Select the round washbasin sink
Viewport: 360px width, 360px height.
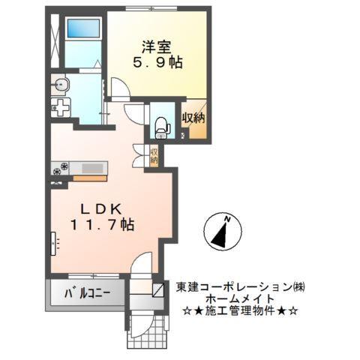[61, 84]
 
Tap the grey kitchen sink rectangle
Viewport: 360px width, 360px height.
[94, 168]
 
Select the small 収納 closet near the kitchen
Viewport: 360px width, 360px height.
[153, 157]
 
